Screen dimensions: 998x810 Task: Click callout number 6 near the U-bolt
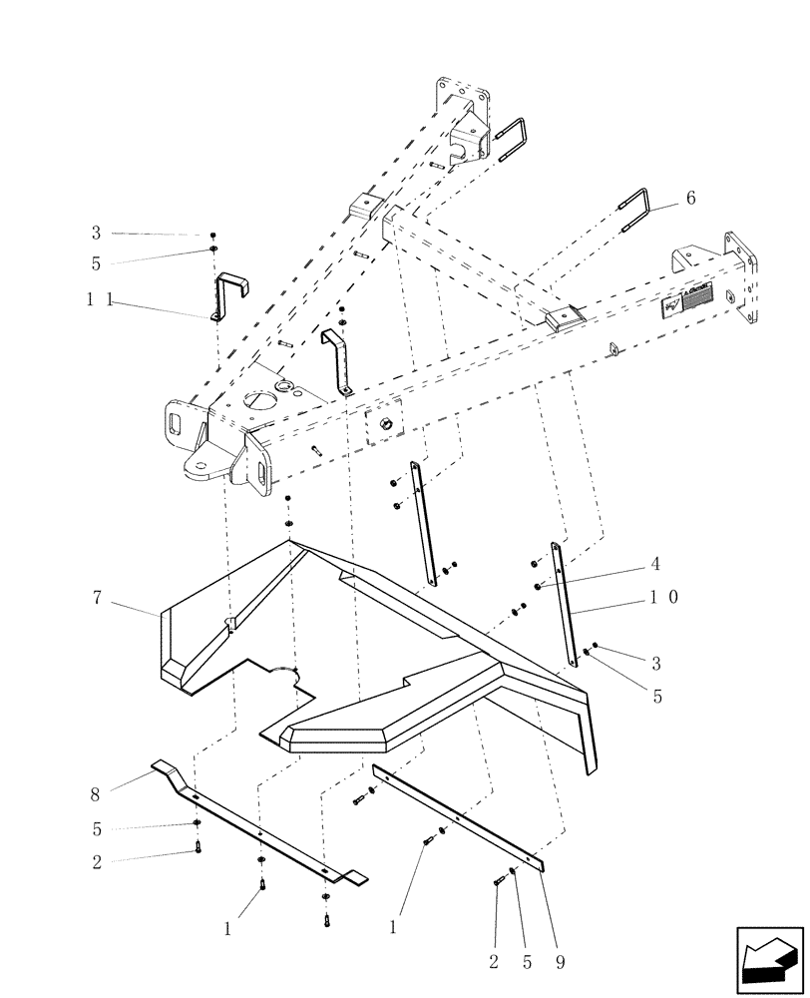690,199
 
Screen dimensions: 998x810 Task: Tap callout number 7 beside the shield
97,598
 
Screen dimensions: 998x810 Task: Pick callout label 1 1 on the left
97,297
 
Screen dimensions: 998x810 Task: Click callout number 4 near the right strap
654,563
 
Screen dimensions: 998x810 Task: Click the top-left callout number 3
97,233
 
